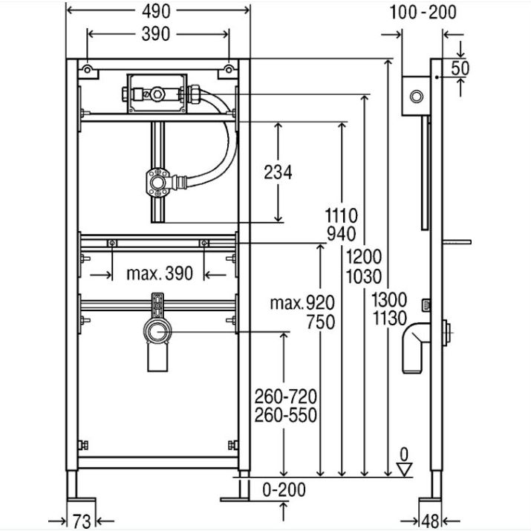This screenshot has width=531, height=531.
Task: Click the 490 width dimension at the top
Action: (156, 12)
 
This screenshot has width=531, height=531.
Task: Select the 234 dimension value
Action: (278, 172)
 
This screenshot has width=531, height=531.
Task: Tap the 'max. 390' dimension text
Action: (160, 273)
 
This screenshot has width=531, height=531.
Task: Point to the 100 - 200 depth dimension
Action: (423, 13)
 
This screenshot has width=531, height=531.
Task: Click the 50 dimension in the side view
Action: (460, 68)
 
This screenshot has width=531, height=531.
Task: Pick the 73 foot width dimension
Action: (82, 521)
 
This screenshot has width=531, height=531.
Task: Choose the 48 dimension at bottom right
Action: (431, 521)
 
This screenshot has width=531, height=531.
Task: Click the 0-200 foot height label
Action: (284, 489)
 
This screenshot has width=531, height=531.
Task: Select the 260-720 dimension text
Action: (285, 397)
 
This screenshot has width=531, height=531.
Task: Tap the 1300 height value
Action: (389, 299)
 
